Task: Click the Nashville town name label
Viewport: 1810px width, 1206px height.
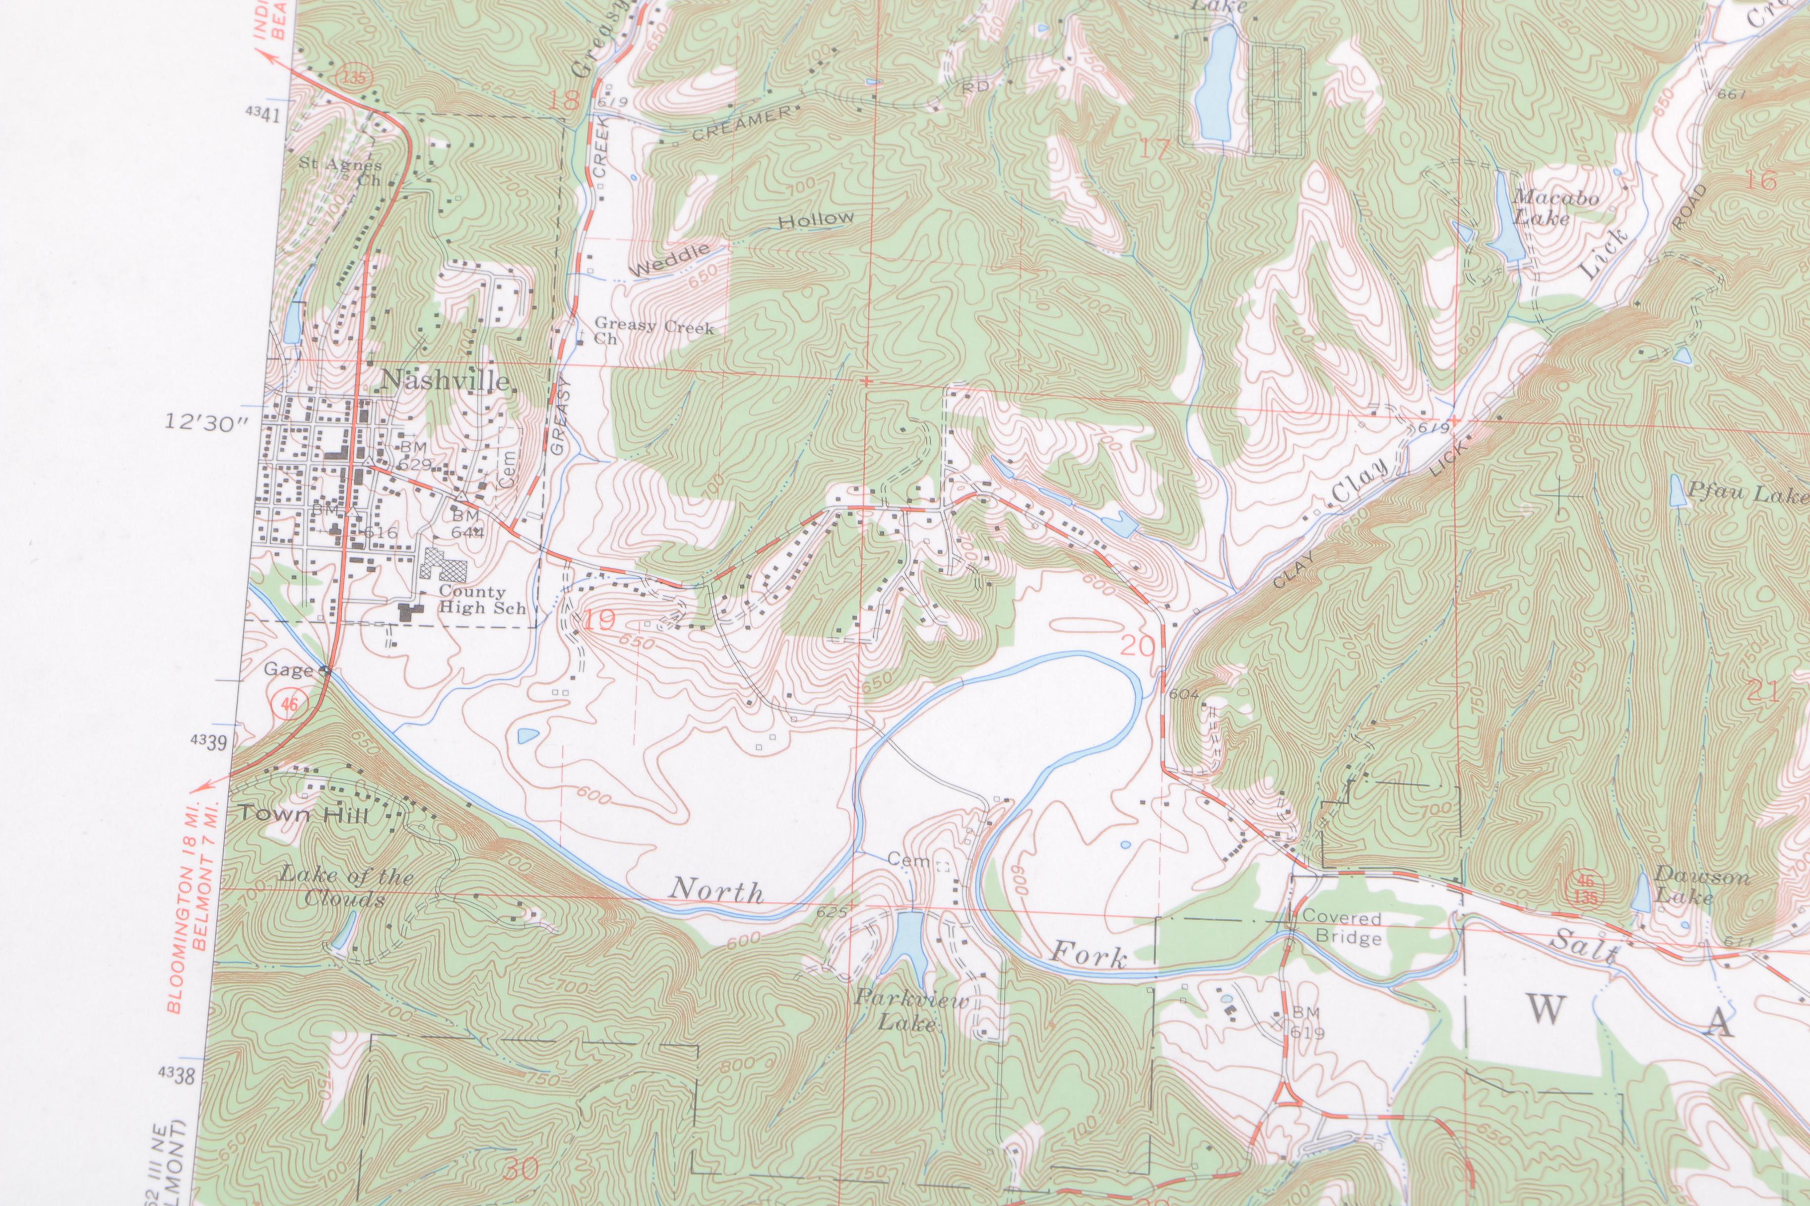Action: pos(445,381)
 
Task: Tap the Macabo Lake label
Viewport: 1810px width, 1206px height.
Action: pos(1554,208)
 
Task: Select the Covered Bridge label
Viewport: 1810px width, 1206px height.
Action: pos(1342,928)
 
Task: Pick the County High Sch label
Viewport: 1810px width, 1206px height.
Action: pos(482,599)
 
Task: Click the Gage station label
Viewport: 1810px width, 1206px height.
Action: pos(289,670)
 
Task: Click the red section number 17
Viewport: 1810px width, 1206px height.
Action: pos(1155,148)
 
